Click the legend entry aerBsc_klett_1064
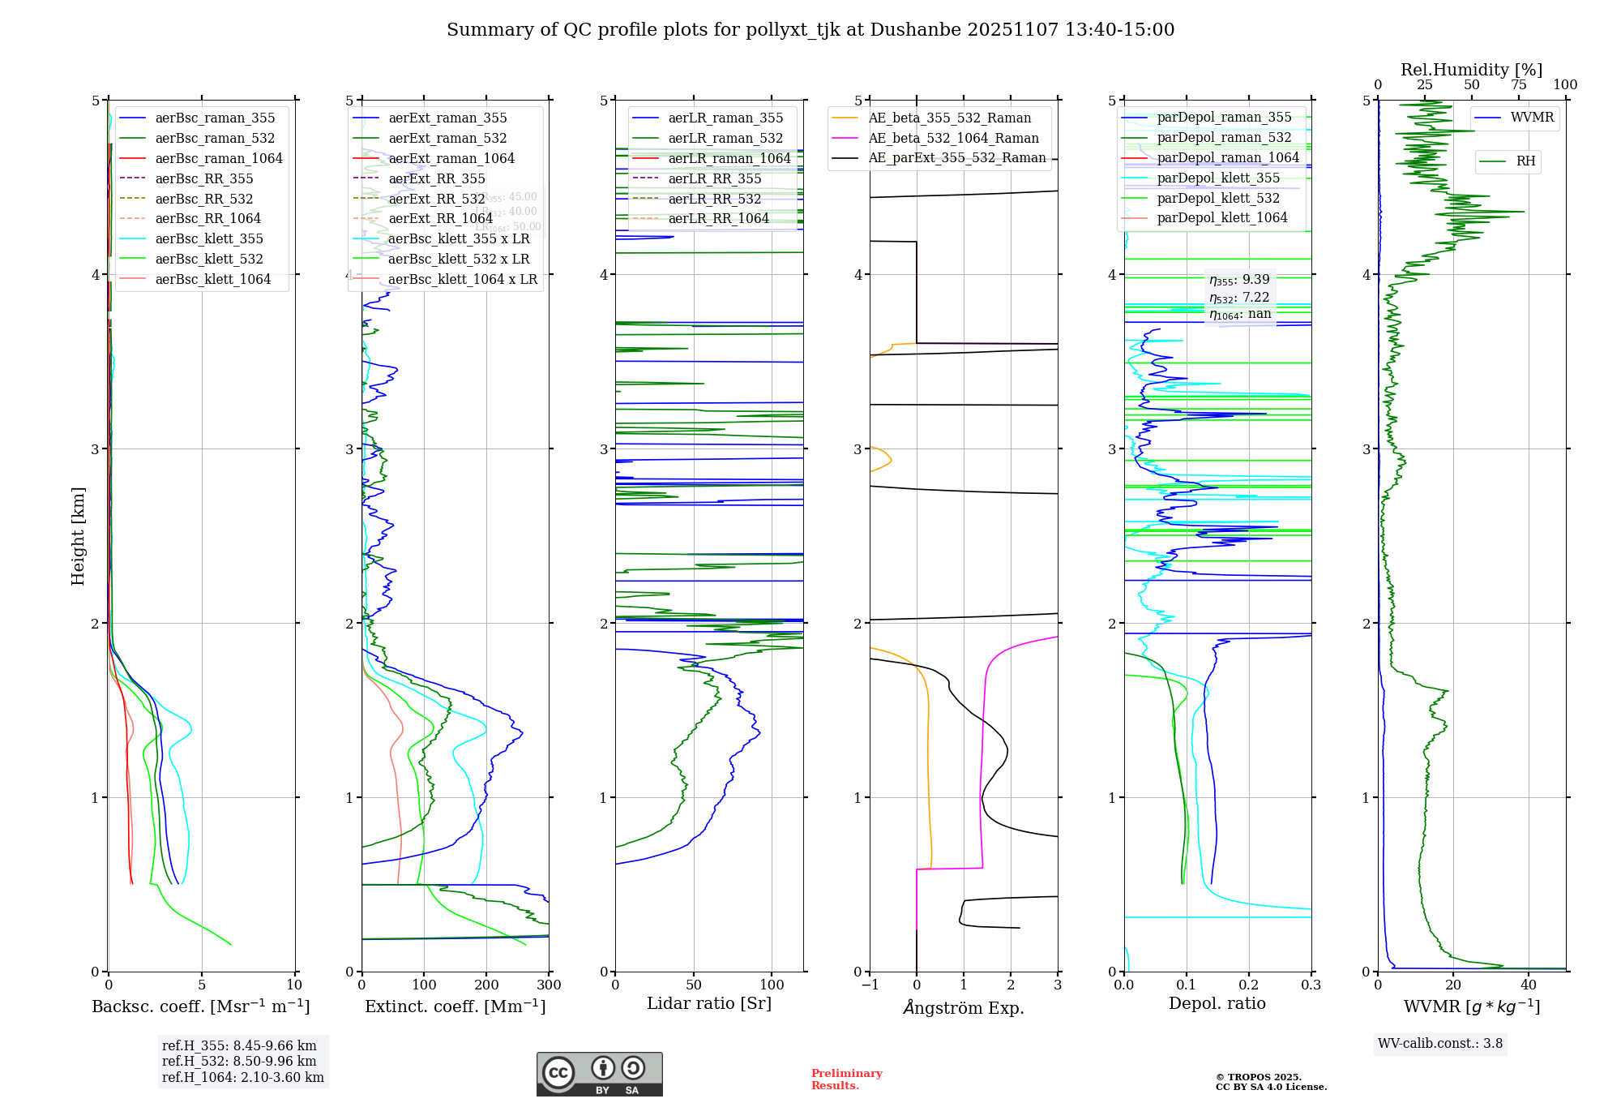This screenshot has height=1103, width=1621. coord(212,279)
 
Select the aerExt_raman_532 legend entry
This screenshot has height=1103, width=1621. coord(447,138)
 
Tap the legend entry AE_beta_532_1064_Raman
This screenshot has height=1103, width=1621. coord(953,138)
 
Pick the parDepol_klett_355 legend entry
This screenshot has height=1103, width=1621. coord(1218,178)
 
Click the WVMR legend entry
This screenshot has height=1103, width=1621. coord(1532,118)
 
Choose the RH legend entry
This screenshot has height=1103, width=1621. coord(1525,161)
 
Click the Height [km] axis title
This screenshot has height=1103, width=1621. coord(78,536)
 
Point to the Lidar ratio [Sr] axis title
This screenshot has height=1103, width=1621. coord(709,1003)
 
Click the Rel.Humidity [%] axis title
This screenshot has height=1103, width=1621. coord(1471,70)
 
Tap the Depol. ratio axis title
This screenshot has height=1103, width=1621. coord(1217,1003)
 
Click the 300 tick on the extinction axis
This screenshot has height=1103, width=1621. coord(549,985)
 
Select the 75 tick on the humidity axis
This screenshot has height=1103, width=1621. coord(1519,85)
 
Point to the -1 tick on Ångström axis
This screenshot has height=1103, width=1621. coord(869,985)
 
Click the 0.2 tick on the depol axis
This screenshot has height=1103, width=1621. coord(1249,985)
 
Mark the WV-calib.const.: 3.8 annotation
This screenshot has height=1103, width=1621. coord(1440,1044)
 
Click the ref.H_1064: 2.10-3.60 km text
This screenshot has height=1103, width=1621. coord(242,1077)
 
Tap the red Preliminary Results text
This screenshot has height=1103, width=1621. coord(846,1079)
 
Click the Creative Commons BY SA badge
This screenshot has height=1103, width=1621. coord(599,1075)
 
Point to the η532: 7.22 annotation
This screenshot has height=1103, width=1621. coord(1239,297)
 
